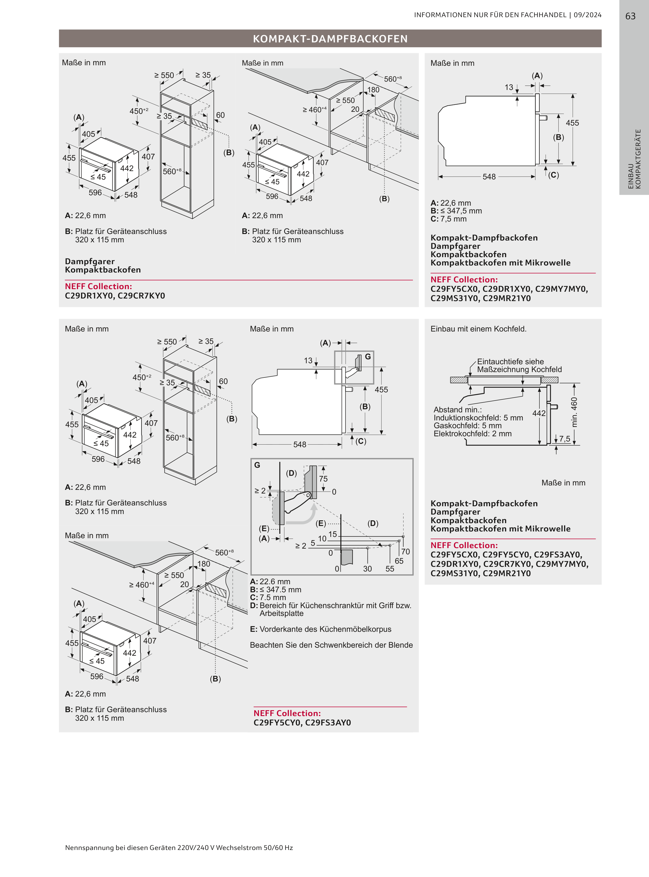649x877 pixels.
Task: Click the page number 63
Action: (630, 16)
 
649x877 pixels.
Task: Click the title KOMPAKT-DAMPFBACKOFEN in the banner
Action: (330, 38)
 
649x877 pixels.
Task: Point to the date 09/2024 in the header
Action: (587, 15)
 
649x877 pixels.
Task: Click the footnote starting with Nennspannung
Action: (179, 848)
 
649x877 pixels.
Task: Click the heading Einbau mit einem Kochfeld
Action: (478, 329)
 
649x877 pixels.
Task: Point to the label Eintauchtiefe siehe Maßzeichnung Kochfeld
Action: (519, 365)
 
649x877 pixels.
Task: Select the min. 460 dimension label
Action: (574, 412)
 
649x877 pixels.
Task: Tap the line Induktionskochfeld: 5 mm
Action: (478, 418)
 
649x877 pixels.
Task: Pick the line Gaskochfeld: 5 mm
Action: (467, 426)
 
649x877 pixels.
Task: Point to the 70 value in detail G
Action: (405, 551)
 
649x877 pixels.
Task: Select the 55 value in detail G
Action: (390, 569)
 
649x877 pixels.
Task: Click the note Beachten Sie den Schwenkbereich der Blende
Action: (331, 645)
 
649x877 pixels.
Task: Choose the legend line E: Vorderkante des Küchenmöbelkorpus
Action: (320, 629)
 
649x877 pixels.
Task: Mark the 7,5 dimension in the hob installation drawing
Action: (565, 438)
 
